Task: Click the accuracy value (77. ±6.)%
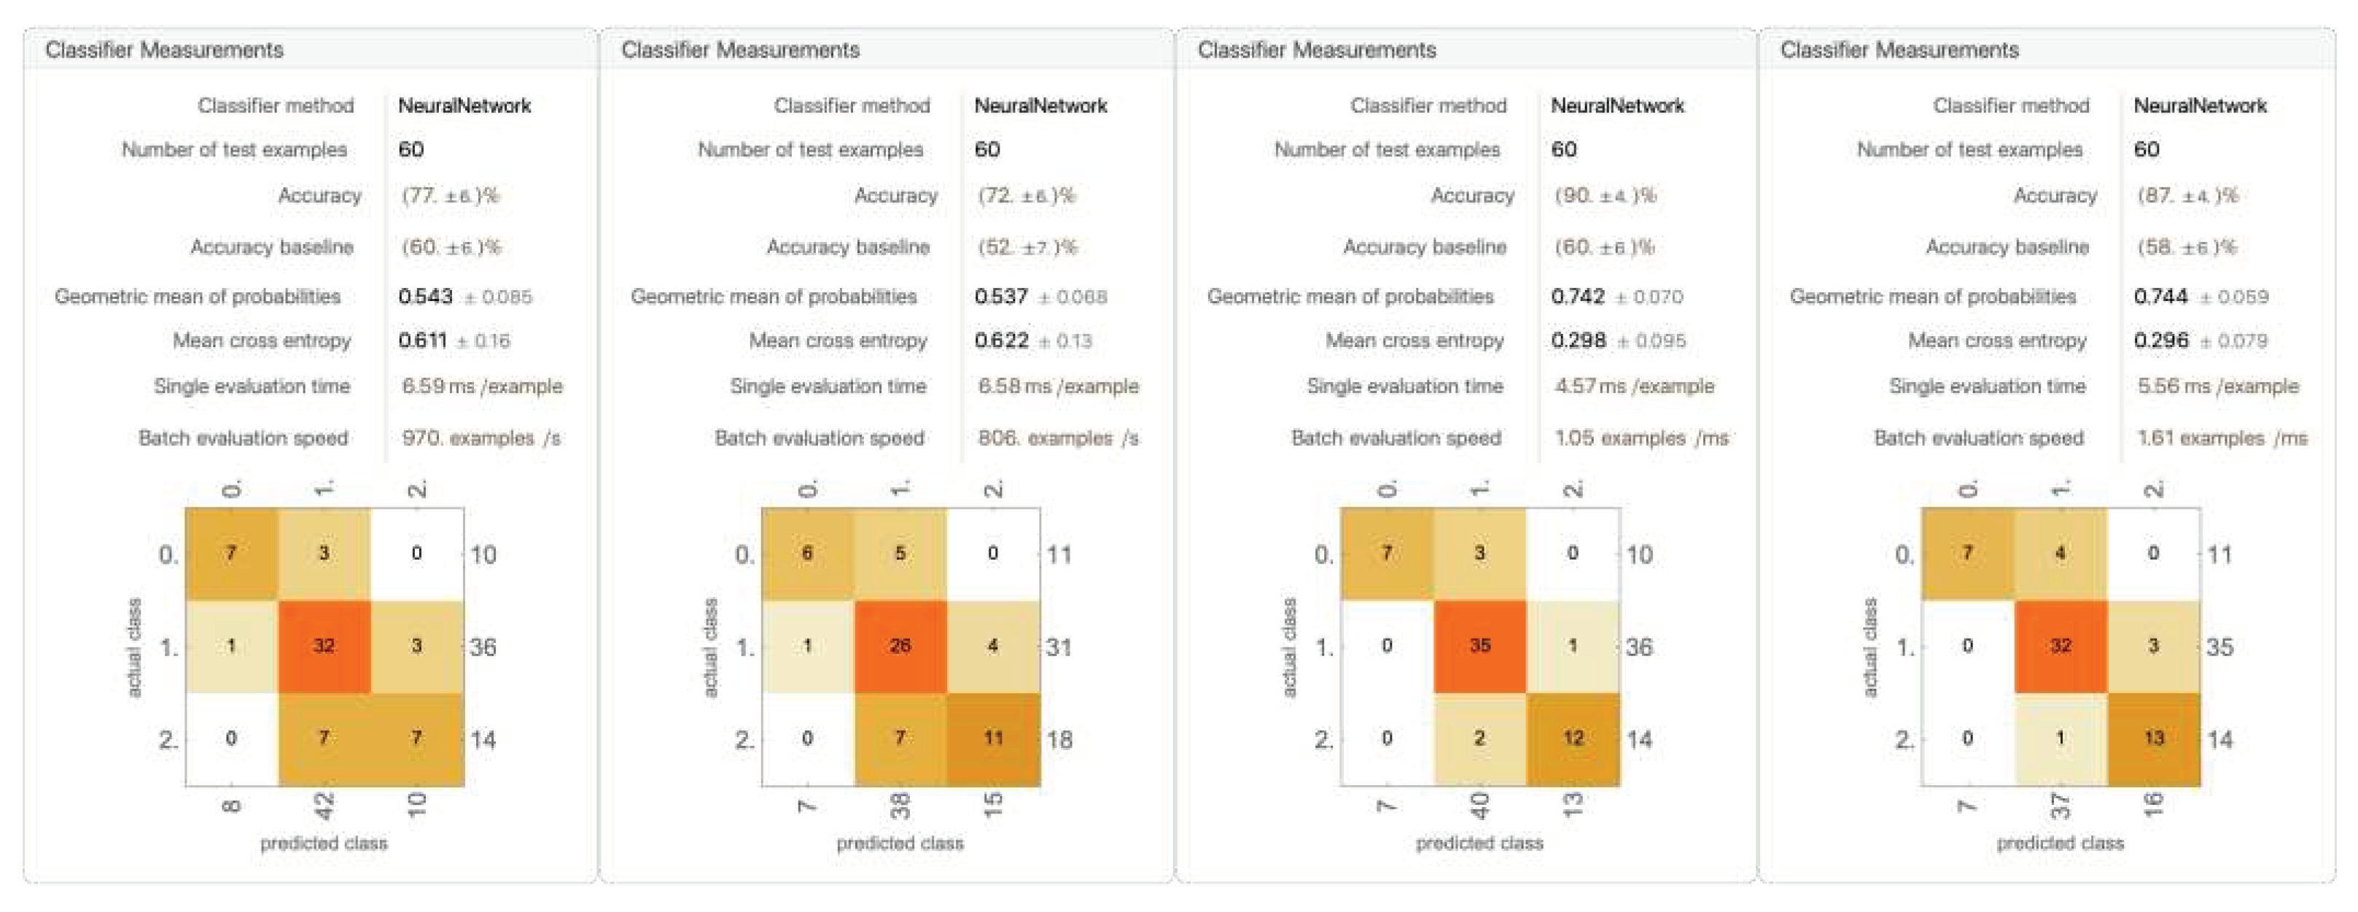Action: [x=449, y=195]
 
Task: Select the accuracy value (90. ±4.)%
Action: [x=1605, y=195]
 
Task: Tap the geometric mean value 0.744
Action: [x=2160, y=296]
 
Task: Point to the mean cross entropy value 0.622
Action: [x=1001, y=340]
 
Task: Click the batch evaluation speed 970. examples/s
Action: [x=480, y=437]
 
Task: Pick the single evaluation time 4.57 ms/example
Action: [x=1634, y=386]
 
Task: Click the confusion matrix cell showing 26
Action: [x=900, y=645]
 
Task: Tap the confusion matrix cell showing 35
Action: [x=1479, y=645]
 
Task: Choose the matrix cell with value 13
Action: [x=2153, y=738]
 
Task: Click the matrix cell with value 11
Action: [x=993, y=738]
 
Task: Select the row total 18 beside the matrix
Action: [x=1059, y=739]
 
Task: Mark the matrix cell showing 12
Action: [x=1573, y=738]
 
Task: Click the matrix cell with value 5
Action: [x=900, y=553]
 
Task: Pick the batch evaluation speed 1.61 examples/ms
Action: [x=2222, y=437]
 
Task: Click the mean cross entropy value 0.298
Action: [x=1578, y=340]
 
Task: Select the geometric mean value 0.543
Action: [x=426, y=296]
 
